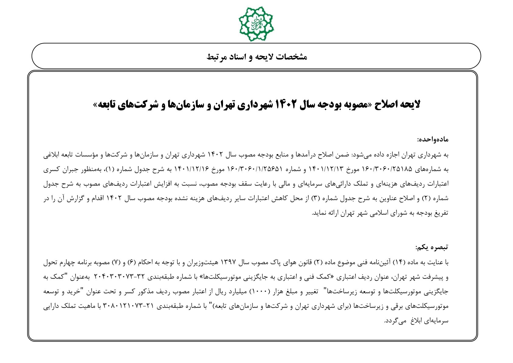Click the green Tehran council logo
(256, 24)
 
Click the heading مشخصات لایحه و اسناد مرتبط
(256, 57)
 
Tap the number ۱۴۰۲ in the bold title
(285, 104)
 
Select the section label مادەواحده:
(433, 140)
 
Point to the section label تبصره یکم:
(432, 247)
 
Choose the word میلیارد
(238, 291)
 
